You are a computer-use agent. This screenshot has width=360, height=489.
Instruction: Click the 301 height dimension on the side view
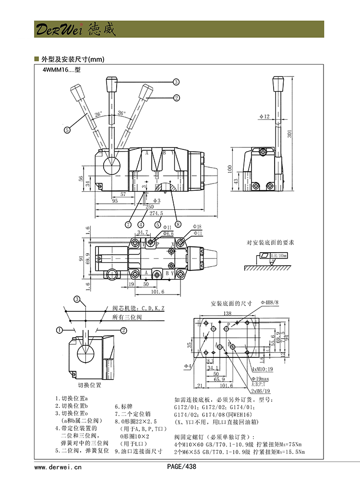pos(289,134)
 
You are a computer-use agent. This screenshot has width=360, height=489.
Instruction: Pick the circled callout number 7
pos(129,224)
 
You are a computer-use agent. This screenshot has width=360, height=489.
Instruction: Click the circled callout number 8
pos(178,224)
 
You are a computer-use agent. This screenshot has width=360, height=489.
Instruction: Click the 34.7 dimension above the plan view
pos(142,232)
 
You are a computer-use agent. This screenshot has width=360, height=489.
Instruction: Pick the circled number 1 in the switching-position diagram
pos(59,330)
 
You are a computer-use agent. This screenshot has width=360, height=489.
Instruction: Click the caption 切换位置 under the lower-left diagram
pos(90,385)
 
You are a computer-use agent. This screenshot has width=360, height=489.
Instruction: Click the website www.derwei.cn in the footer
pos(58,466)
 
